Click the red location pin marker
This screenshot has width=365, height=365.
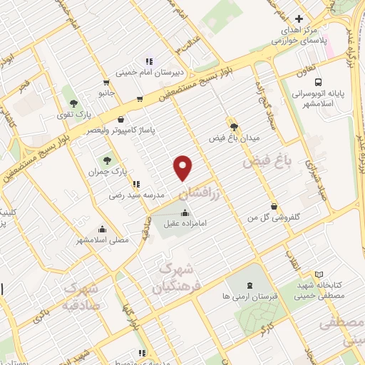183,167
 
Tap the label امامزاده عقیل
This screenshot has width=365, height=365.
185,223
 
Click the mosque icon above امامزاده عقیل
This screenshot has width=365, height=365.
185,212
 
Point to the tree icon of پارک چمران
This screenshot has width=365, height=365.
107,161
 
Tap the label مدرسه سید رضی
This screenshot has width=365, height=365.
137,194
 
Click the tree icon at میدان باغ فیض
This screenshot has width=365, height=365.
232,123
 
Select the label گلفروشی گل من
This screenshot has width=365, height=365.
274,217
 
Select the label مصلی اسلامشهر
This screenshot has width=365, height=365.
103,240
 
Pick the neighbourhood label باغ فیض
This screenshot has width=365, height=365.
267,162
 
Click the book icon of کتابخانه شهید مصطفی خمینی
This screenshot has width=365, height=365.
319,274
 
